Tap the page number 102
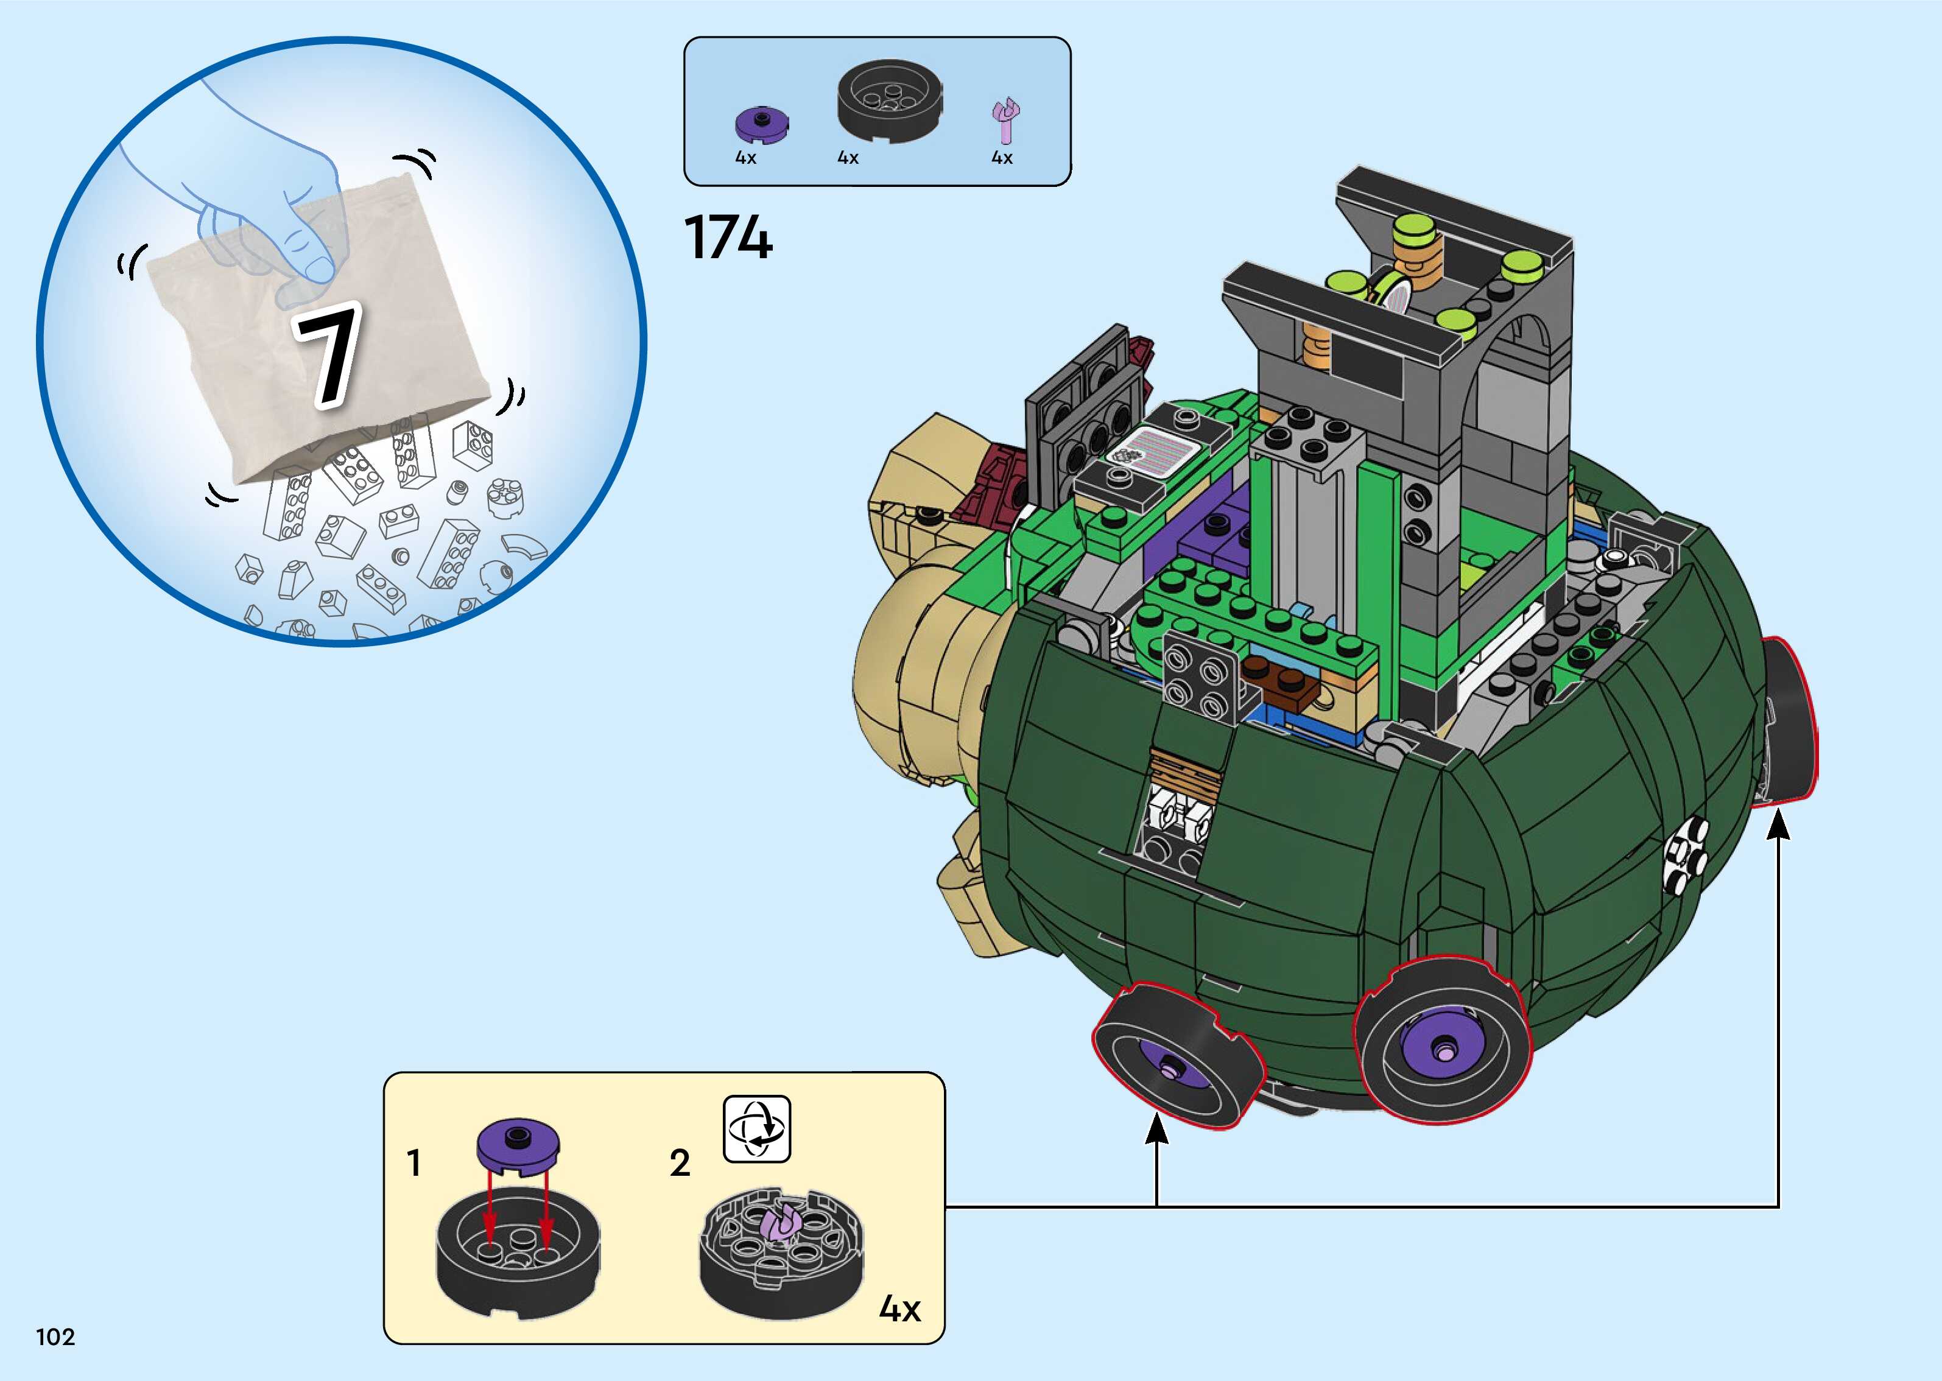[x=55, y=1337]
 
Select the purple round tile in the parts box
[x=761, y=125]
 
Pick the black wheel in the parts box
[x=889, y=99]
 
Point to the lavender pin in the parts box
[x=1007, y=121]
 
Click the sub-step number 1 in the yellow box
[x=414, y=1162]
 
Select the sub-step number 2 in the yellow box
[x=680, y=1162]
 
